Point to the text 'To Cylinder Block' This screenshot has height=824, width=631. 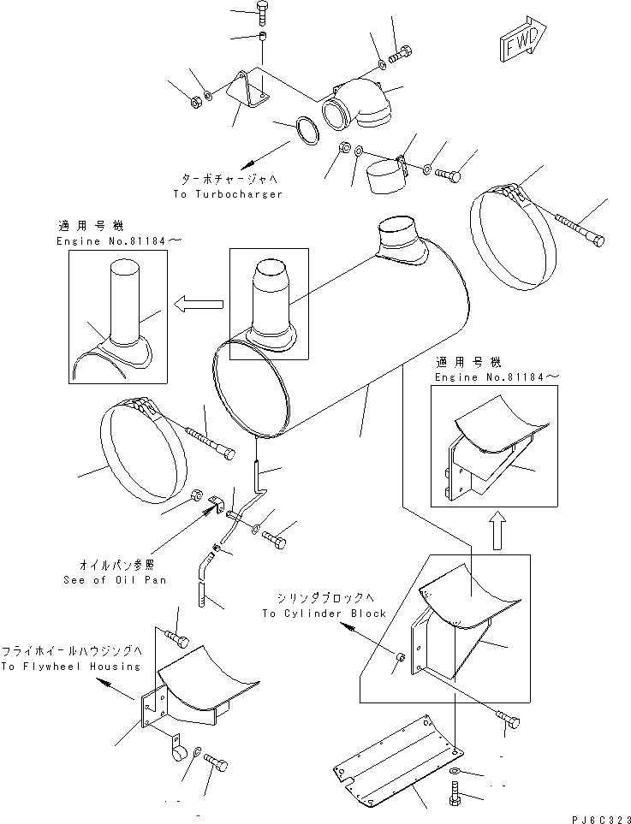click(324, 614)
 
